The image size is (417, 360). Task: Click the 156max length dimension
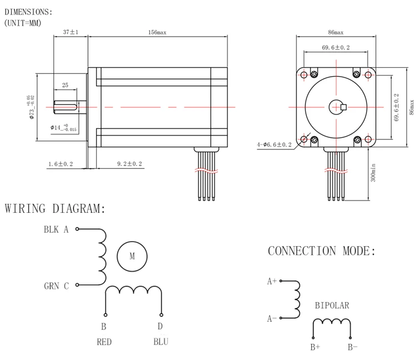tap(157, 32)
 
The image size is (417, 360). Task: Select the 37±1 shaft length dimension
tap(70, 32)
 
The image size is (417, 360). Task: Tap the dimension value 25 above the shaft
tap(65, 85)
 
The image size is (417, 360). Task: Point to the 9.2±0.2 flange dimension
tap(130, 164)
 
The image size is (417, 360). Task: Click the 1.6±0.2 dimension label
tap(61, 164)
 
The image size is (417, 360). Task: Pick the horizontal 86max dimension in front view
tap(336, 32)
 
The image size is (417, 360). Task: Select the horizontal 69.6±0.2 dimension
tap(336, 48)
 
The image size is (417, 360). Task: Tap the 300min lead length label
tap(374, 172)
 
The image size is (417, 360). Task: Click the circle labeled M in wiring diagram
tap(132, 257)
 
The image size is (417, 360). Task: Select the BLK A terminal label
tap(56, 229)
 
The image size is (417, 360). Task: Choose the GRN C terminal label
tap(56, 286)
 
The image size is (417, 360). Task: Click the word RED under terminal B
tap(104, 342)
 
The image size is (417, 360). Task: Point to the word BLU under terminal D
tap(161, 342)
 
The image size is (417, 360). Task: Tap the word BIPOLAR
tap(332, 306)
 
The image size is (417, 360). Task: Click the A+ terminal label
tap(272, 282)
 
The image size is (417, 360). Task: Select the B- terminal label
tap(353, 347)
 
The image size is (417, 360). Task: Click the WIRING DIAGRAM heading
tap(55, 209)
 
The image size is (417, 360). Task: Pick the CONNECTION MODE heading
tap(322, 251)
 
